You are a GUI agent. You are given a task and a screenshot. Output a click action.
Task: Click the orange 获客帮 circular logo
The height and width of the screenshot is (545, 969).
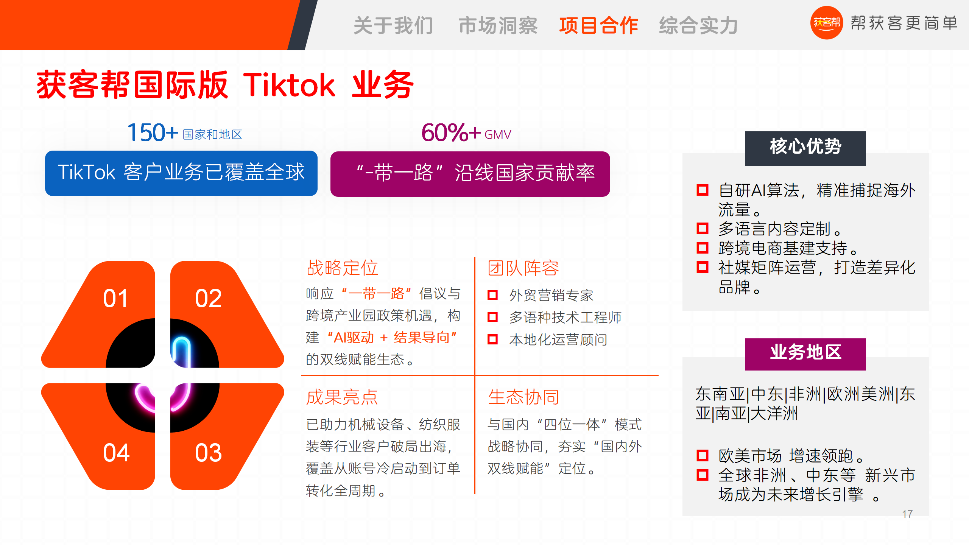click(x=826, y=23)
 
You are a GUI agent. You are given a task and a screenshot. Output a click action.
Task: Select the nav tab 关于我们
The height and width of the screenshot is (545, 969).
click(x=393, y=26)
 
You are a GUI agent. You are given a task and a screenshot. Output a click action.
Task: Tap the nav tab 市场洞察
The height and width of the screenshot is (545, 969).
click(x=498, y=26)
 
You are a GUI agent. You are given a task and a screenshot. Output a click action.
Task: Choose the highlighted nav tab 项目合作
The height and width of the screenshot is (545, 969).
click(x=599, y=26)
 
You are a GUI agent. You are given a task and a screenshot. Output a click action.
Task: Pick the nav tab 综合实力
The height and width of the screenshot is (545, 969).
click(x=699, y=26)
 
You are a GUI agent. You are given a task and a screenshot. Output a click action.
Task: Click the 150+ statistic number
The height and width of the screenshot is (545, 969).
click(x=153, y=132)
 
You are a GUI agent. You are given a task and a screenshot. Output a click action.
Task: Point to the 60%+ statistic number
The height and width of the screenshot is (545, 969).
click(x=451, y=132)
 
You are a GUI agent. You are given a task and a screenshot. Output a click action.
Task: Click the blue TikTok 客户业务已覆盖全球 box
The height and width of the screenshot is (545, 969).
click(x=181, y=173)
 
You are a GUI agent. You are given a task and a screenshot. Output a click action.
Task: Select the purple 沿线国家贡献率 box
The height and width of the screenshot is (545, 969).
click(x=470, y=174)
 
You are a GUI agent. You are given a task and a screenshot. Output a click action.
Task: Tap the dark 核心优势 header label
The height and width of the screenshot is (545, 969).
click(x=805, y=148)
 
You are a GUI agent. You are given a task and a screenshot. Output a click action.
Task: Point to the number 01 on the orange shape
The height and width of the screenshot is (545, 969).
click(x=116, y=298)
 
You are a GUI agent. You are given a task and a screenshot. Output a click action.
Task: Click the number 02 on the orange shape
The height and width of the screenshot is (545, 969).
click(x=208, y=298)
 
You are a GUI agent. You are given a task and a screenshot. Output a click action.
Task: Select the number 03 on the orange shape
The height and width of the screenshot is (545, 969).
click(x=208, y=453)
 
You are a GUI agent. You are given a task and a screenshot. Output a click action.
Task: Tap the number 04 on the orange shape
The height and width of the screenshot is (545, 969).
click(x=116, y=453)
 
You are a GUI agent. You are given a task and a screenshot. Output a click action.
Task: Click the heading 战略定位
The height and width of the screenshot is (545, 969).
click(x=342, y=268)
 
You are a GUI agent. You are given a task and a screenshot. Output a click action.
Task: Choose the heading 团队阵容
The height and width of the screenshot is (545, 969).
click(x=523, y=268)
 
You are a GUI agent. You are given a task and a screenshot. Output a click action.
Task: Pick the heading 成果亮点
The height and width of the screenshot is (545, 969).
click(x=342, y=397)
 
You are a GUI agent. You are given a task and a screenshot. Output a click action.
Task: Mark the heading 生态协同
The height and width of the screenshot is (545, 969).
click(x=523, y=397)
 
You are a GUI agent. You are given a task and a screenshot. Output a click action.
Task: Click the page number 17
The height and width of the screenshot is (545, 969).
click(x=907, y=514)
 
